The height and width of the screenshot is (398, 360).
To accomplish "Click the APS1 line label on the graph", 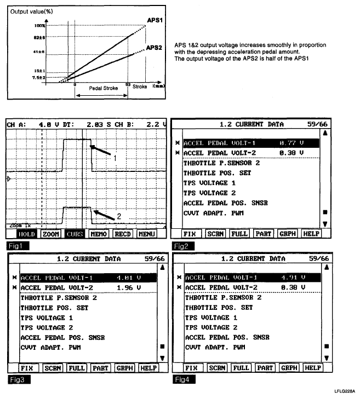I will tap(154, 20).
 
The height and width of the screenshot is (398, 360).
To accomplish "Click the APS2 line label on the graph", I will tap(154, 48).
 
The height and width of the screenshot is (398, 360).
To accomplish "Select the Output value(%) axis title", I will tap(31, 10).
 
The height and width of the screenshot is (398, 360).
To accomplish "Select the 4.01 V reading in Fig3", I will tap(128, 278).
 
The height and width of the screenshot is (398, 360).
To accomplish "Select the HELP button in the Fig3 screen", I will tap(149, 368).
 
